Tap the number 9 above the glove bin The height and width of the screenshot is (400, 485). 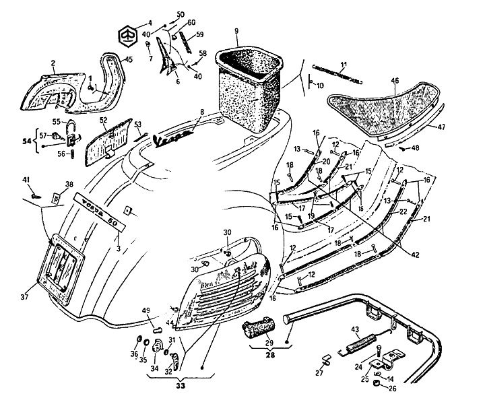click(236, 31)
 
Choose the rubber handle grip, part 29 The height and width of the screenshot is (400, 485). click(257, 329)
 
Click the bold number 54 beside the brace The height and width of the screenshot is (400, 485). click(26, 142)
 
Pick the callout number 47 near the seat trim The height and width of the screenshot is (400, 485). click(441, 127)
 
